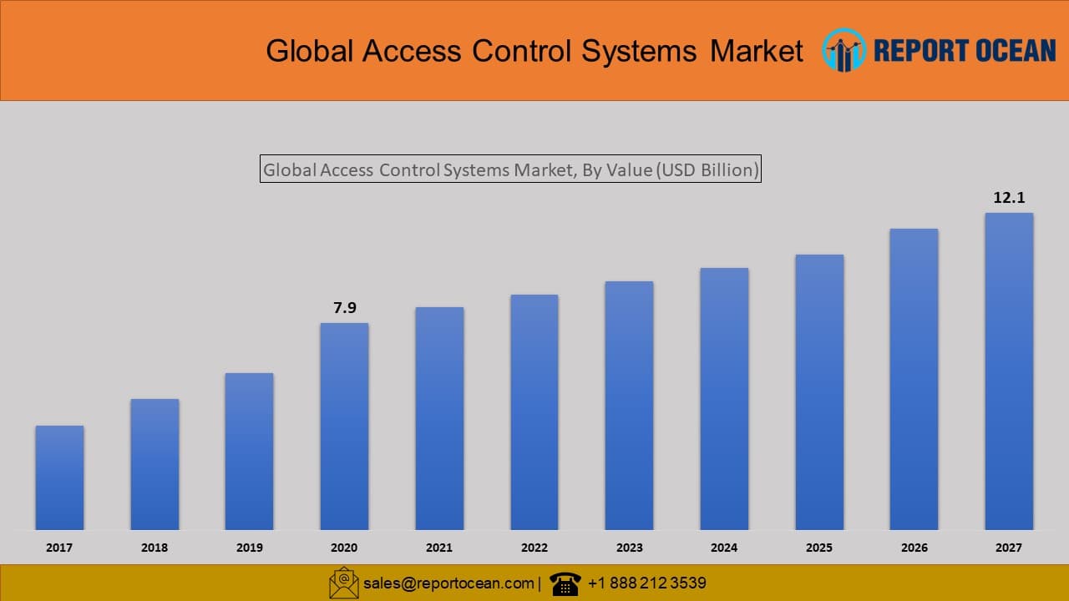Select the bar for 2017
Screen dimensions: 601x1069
coord(59,477)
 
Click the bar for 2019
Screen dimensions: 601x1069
coord(249,451)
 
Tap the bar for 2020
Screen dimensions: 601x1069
coord(344,426)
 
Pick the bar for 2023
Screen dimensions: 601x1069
coord(629,405)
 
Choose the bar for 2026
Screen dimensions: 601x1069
coord(914,379)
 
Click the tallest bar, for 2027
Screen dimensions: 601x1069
coord(1009,371)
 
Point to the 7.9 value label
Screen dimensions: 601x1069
coord(345,308)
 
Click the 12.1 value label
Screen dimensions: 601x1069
coord(1009,198)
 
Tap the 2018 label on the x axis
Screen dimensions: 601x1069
coord(155,548)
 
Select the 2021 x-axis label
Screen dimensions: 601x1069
coord(439,548)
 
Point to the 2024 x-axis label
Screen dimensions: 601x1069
coord(724,548)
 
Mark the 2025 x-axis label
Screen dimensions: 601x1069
coord(819,548)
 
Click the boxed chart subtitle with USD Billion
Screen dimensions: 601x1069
coord(510,169)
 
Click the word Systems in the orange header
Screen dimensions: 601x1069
coord(639,51)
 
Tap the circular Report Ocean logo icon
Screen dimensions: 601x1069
coord(844,50)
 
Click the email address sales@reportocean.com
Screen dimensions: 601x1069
coord(448,583)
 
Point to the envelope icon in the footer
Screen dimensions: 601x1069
coord(343,583)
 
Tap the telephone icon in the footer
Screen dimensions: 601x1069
coord(565,583)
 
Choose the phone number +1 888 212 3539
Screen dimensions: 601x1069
coord(646,583)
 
